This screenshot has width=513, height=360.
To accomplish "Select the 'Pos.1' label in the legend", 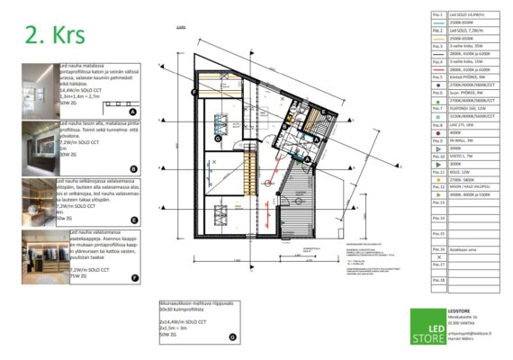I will pyautogui.click(x=438, y=15).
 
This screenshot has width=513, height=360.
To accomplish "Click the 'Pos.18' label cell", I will pyautogui.click(x=438, y=281).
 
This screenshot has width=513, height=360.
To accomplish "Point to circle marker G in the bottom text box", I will pyautogui.click(x=231, y=337).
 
